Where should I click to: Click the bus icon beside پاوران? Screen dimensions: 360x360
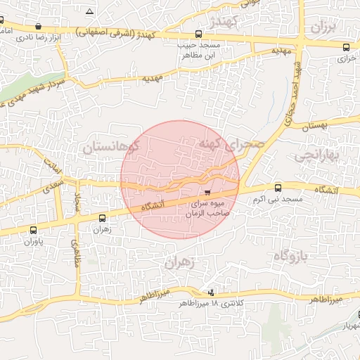point(33,230)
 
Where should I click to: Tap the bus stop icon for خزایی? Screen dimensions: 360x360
point(346,47)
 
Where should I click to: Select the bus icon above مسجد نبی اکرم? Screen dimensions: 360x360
point(278,188)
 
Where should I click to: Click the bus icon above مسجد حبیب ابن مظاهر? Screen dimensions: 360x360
point(199,34)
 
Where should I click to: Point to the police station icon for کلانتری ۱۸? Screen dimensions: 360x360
point(211,292)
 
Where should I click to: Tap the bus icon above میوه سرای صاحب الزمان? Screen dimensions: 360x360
point(207,192)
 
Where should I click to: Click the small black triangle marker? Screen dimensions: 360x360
point(89,12)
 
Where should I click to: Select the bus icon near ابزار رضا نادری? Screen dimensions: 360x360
point(38,27)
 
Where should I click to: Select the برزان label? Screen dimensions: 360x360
point(324,29)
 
